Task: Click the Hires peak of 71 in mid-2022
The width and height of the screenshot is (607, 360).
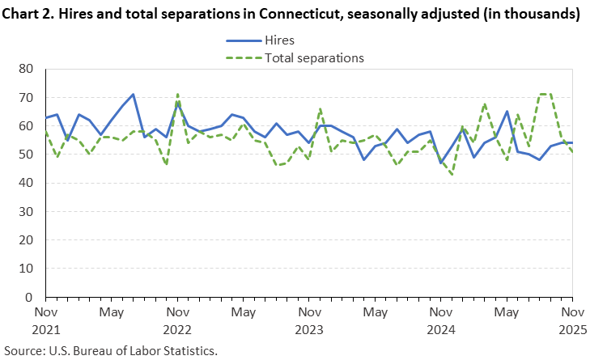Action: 133,95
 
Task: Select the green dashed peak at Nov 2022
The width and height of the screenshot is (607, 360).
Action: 177,95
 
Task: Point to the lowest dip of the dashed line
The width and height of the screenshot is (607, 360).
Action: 451,174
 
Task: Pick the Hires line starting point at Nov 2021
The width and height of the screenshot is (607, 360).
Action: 45,118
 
